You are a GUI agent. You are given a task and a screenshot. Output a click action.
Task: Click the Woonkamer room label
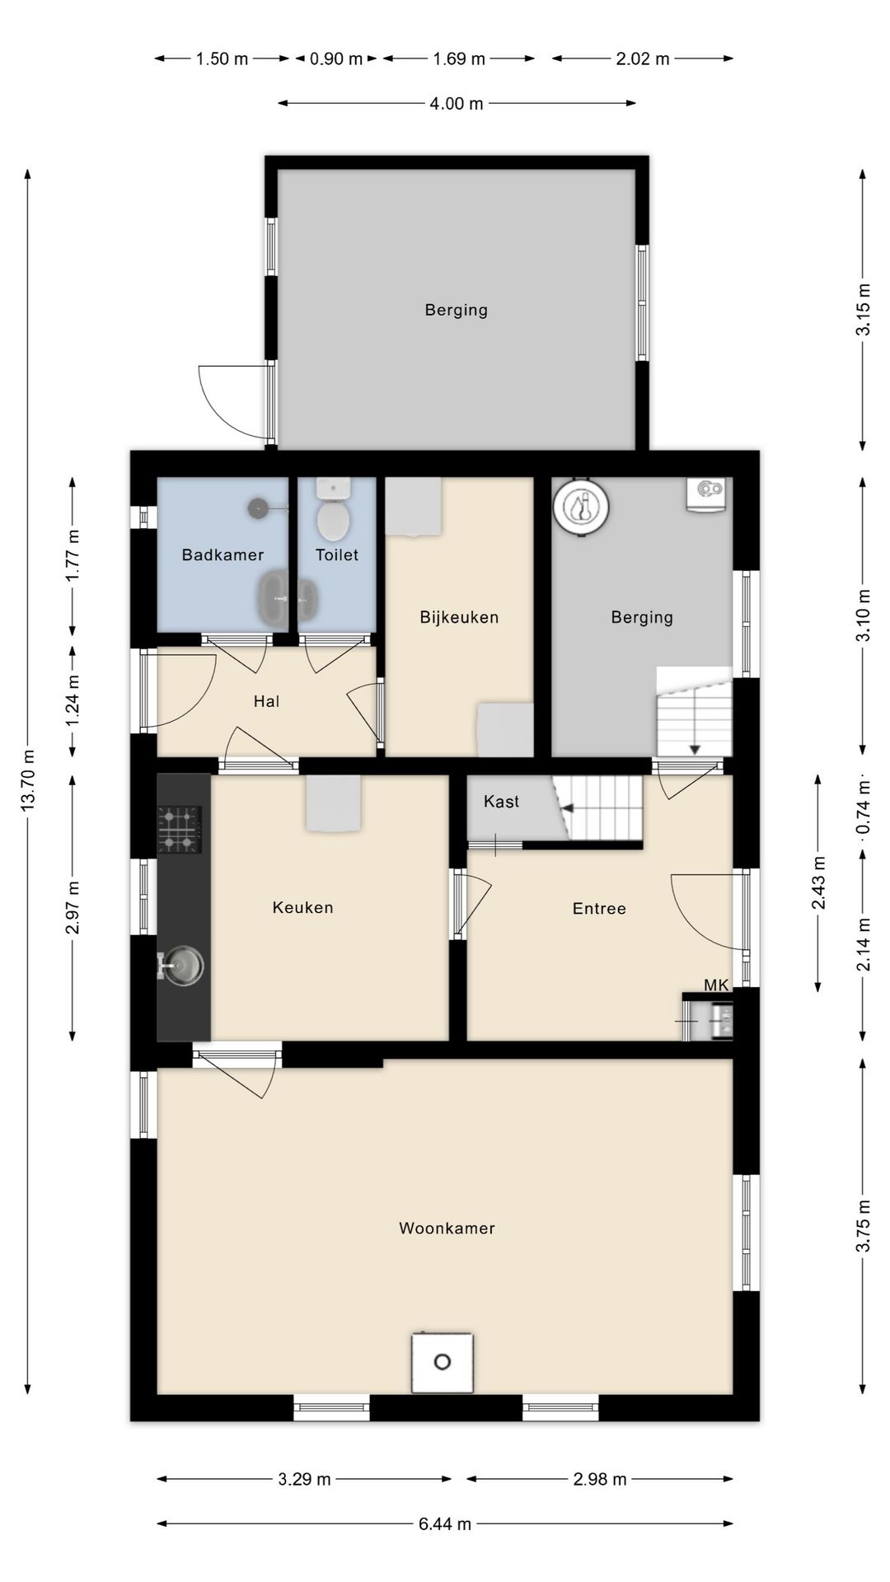coord(447,1228)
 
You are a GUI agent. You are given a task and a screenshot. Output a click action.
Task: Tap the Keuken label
coord(302,907)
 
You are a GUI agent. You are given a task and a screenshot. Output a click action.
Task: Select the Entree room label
coord(599,908)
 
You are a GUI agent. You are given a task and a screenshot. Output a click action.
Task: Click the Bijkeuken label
coord(459,617)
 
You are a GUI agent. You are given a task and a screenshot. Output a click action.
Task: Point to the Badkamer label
coord(222,555)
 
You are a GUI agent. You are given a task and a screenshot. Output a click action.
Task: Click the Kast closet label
coord(501,801)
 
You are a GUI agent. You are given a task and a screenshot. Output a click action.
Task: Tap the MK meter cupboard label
coord(716,985)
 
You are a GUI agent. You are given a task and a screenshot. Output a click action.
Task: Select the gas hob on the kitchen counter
coord(180,830)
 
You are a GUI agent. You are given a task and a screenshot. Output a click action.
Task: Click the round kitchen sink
coord(183,965)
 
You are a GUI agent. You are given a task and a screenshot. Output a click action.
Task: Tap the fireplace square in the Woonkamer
coord(443,1362)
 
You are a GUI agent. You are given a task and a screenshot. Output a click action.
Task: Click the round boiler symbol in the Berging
coord(581,507)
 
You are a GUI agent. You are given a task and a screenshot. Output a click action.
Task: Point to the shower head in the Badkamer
coord(259,508)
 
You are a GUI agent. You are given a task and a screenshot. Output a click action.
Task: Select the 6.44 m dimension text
coord(445,1523)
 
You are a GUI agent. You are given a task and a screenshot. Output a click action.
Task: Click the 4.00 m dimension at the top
coord(457,104)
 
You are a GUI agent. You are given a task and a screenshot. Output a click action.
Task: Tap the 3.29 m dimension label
coord(304,1479)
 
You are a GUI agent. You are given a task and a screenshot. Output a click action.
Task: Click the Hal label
coord(266,701)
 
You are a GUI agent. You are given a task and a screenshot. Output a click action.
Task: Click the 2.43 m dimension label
coord(818,882)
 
